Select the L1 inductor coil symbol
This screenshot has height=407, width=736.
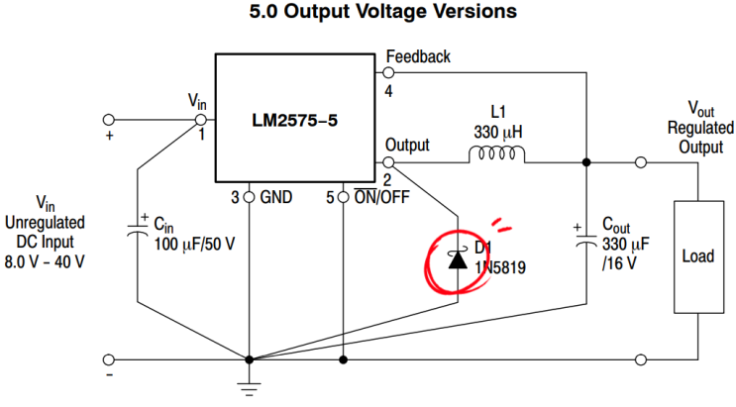point(498,155)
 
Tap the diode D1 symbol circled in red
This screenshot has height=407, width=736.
point(459,260)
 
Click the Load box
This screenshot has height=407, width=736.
point(698,255)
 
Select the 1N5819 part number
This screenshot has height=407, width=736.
point(498,266)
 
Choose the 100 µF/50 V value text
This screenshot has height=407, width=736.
point(197,243)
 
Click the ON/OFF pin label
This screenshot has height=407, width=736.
point(381,197)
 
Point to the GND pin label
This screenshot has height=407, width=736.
point(274,197)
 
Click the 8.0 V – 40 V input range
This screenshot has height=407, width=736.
point(47,261)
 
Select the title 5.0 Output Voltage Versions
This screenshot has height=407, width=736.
point(368,13)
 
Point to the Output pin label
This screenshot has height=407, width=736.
point(407,145)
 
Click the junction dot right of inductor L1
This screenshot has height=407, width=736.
point(586,161)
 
